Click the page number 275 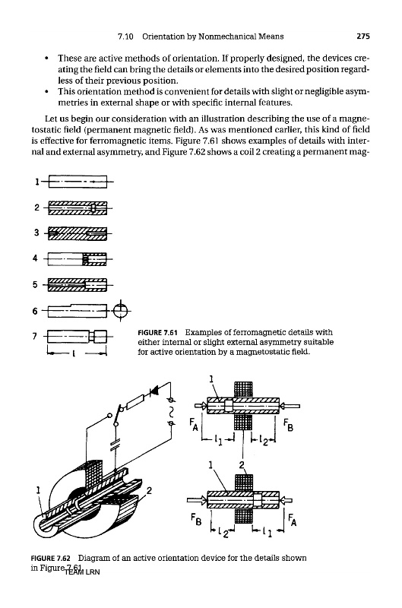pyautogui.click(x=363, y=36)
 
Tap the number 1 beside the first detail pyautogui.click(x=37, y=182)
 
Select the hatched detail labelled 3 pyautogui.click(x=78, y=233)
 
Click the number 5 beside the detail pyautogui.click(x=35, y=285)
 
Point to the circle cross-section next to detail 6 pyautogui.click(x=121, y=310)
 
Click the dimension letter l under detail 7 pyautogui.click(x=73, y=353)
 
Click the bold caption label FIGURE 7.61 pyautogui.click(x=157, y=333)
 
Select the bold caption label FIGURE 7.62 pyautogui.click(x=50, y=559)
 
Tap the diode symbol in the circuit pyautogui.click(x=154, y=391)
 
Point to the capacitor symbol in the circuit pyautogui.click(x=116, y=443)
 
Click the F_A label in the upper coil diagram pyautogui.click(x=194, y=424)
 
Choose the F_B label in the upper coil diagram pyautogui.click(x=289, y=424)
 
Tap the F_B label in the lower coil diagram pyautogui.click(x=196, y=519)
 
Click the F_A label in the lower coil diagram pyautogui.click(x=293, y=519)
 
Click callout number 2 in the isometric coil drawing pyautogui.click(x=149, y=491)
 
